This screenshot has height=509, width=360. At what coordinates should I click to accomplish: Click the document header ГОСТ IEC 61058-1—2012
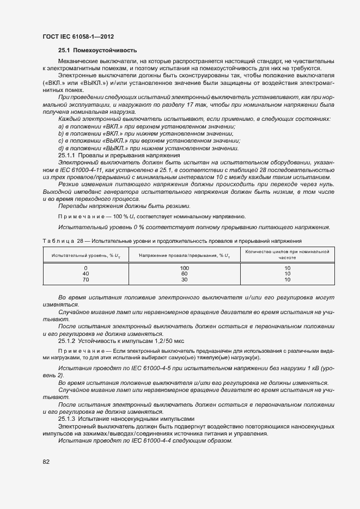pos(80,36)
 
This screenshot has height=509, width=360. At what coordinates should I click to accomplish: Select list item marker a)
pos(61,126)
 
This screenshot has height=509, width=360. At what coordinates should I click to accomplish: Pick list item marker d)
pos(61,148)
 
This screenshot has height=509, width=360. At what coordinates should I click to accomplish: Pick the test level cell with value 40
pos(86,274)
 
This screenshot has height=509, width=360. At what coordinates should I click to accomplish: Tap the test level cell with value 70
pos(86,279)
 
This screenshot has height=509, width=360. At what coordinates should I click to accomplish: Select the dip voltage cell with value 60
pos(184,274)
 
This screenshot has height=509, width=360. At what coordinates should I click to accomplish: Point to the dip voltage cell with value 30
pos(184,279)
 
